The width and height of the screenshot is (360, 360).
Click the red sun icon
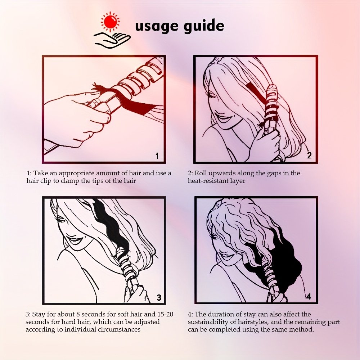(x=110, y=22)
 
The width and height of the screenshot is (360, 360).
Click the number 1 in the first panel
(x=157, y=156)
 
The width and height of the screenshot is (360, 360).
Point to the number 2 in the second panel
(x=309, y=156)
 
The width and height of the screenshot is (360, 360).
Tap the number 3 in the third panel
(x=159, y=298)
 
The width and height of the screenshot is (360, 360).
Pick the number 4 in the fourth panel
(x=309, y=297)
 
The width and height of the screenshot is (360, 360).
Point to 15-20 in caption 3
(x=165, y=314)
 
